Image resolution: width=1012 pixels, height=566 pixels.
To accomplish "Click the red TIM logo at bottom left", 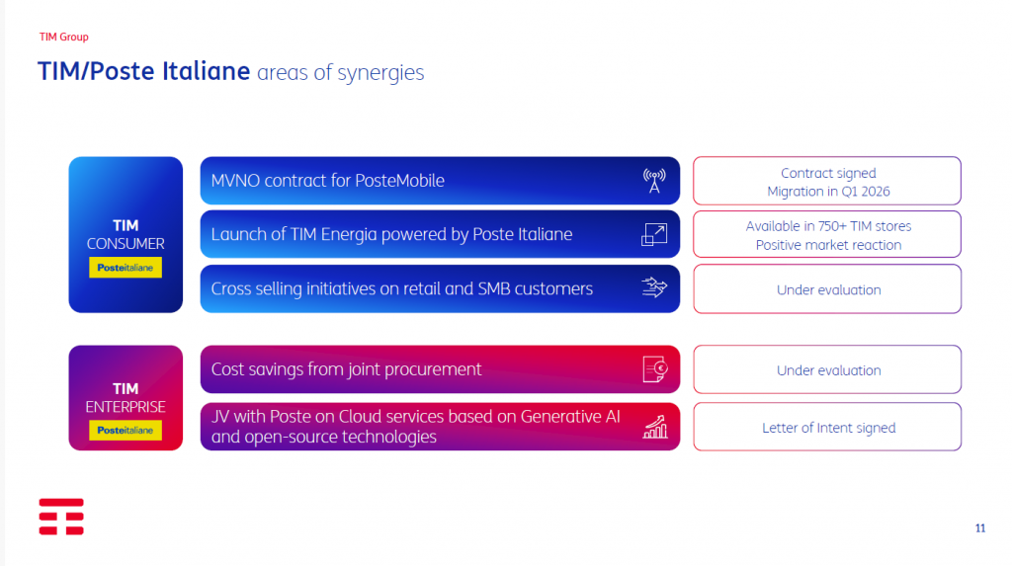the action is pyautogui.click(x=61, y=517).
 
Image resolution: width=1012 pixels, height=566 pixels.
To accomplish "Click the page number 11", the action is pyautogui.click(x=979, y=528).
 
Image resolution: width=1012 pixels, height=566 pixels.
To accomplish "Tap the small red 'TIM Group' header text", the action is pyautogui.click(x=64, y=37).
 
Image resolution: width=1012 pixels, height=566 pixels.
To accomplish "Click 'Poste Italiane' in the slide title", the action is pyautogui.click(x=170, y=71).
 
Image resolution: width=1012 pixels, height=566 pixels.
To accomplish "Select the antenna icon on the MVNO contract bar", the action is pyautogui.click(x=654, y=181).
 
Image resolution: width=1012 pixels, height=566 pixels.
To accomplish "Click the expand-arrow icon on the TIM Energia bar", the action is pyautogui.click(x=654, y=234).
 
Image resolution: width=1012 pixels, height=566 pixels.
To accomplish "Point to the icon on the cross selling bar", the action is pyautogui.click(x=654, y=287).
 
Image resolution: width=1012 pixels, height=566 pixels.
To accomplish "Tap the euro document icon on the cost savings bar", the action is pyautogui.click(x=655, y=369).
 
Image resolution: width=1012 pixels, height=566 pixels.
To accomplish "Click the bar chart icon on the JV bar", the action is pyautogui.click(x=655, y=428).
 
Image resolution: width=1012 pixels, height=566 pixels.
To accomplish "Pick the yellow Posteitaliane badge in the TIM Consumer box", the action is pyautogui.click(x=126, y=267).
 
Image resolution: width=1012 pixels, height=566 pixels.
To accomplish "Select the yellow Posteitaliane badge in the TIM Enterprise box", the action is pyautogui.click(x=126, y=430).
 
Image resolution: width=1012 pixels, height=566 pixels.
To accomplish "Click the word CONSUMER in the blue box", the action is pyautogui.click(x=126, y=244).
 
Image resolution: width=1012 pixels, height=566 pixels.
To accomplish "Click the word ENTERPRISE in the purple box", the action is pyautogui.click(x=126, y=407).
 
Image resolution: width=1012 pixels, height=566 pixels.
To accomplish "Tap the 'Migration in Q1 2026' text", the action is pyautogui.click(x=829, y=192).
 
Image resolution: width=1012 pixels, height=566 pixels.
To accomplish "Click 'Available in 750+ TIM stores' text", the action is pyautogui.click(x=829, y=226).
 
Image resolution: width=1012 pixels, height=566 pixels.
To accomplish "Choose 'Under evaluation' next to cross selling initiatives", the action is pyautogui.click(x=829, y=289).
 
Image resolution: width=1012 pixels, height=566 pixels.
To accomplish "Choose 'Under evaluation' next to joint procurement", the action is pyautogui.click(x=829, y=370).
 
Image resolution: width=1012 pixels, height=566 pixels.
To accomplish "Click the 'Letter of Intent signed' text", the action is pyautogui.click(x=829, y=428).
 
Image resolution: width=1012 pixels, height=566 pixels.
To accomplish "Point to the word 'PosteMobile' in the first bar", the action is pyautogui.click(x=399, y=181).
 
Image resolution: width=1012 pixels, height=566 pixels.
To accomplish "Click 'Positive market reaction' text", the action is pyautogui.click(x=829, y=245).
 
